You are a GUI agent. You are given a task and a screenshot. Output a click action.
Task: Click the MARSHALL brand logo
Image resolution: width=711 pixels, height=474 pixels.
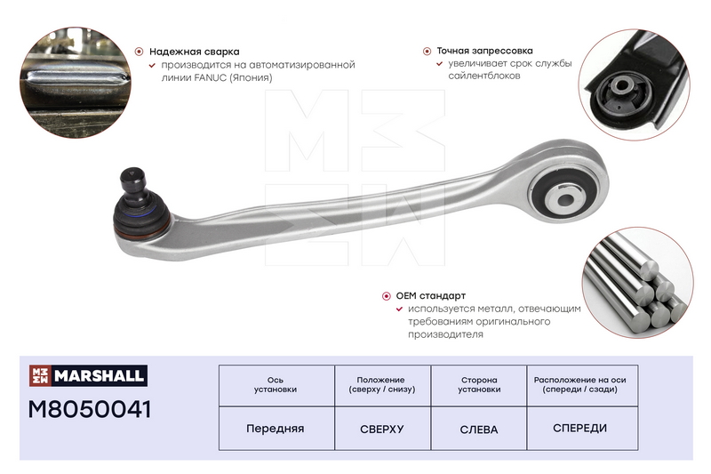(88, 375)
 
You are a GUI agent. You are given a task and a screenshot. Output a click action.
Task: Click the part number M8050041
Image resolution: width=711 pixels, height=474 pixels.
(90, 409)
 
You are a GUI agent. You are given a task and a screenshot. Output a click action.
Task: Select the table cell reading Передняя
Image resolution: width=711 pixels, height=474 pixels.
(276, 429)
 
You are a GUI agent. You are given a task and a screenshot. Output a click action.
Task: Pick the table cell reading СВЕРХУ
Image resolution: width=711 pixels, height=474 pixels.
(382, 429)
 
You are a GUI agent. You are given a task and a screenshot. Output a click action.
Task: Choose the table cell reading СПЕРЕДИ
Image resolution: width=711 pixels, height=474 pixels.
(580, 428)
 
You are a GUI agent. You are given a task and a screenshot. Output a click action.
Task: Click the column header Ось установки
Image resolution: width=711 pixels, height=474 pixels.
(276, 385)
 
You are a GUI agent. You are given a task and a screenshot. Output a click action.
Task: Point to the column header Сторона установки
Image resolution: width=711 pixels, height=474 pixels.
(479, 385)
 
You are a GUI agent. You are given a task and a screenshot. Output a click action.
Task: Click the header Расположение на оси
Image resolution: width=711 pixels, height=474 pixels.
(580, 380)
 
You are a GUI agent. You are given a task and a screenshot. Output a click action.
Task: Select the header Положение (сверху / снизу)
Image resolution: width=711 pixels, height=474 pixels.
(382, 385)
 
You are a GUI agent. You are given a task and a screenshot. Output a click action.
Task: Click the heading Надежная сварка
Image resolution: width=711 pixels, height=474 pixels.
(194, 52)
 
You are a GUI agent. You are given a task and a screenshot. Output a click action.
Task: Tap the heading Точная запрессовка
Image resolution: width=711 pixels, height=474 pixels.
(484, 51)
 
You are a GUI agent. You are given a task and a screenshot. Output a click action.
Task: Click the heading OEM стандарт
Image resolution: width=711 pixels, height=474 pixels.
(431, 296)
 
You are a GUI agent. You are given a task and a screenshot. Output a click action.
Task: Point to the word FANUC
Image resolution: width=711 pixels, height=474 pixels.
(211, 77)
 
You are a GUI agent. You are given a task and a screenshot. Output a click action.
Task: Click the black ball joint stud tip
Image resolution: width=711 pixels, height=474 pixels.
(132, 173)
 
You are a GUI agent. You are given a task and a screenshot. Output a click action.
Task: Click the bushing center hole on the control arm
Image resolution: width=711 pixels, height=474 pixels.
(565, 199)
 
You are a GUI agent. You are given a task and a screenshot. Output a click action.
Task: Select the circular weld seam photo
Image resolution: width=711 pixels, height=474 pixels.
(76, 83)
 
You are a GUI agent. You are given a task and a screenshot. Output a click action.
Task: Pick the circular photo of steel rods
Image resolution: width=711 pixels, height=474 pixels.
(637, 283)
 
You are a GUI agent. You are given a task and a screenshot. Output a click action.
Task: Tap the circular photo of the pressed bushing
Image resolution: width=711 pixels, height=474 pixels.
(634, 84)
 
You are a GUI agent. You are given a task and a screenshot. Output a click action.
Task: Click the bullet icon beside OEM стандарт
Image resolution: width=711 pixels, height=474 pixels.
(387, 296)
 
